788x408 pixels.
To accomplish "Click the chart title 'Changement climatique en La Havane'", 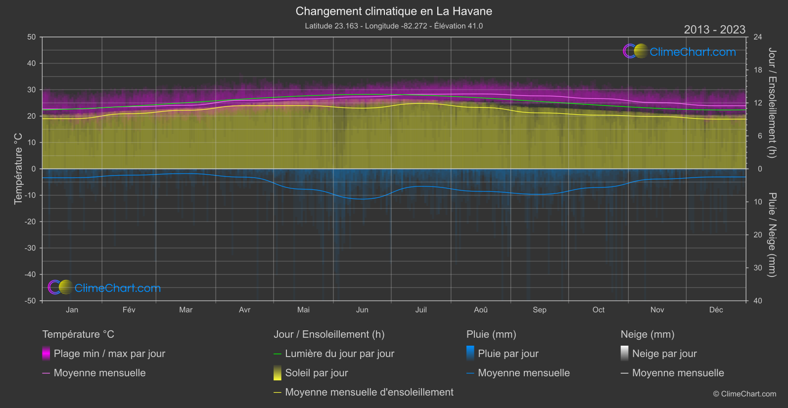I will [x=394, y=11].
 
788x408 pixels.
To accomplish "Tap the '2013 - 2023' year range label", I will [x=714, y=30].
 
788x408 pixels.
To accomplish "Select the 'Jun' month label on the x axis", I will [x=362, y=310].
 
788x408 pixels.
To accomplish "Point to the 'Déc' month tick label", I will [x=716, y=310].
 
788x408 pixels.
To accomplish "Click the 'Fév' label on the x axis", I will [x=129, y=310].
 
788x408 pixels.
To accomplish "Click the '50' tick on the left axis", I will [x=32, y=37].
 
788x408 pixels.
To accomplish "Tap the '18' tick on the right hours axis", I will [x=758, y=70].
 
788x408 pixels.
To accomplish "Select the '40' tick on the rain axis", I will [x=758, y=301].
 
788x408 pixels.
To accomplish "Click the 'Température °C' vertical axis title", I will [x=18, y=168].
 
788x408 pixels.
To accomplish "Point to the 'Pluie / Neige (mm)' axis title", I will [x=772, y=234].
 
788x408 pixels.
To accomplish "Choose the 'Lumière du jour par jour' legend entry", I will [x=339, y=354].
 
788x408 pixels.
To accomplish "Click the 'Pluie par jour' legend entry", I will [x=508, y=354].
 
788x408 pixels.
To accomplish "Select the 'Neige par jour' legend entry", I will [x=664, y=354].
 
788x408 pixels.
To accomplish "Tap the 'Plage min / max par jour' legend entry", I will [x=109, y=354].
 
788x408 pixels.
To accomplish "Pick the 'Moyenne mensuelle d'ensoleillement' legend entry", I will [x=369, y=392].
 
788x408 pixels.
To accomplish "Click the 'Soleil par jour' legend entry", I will [x=317, y=373].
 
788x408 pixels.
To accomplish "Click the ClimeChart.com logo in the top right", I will [x=680, y=51].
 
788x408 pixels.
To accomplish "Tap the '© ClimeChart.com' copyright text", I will [x=744, y=394].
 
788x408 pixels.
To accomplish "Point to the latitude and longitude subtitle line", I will [x=394, y=26].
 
